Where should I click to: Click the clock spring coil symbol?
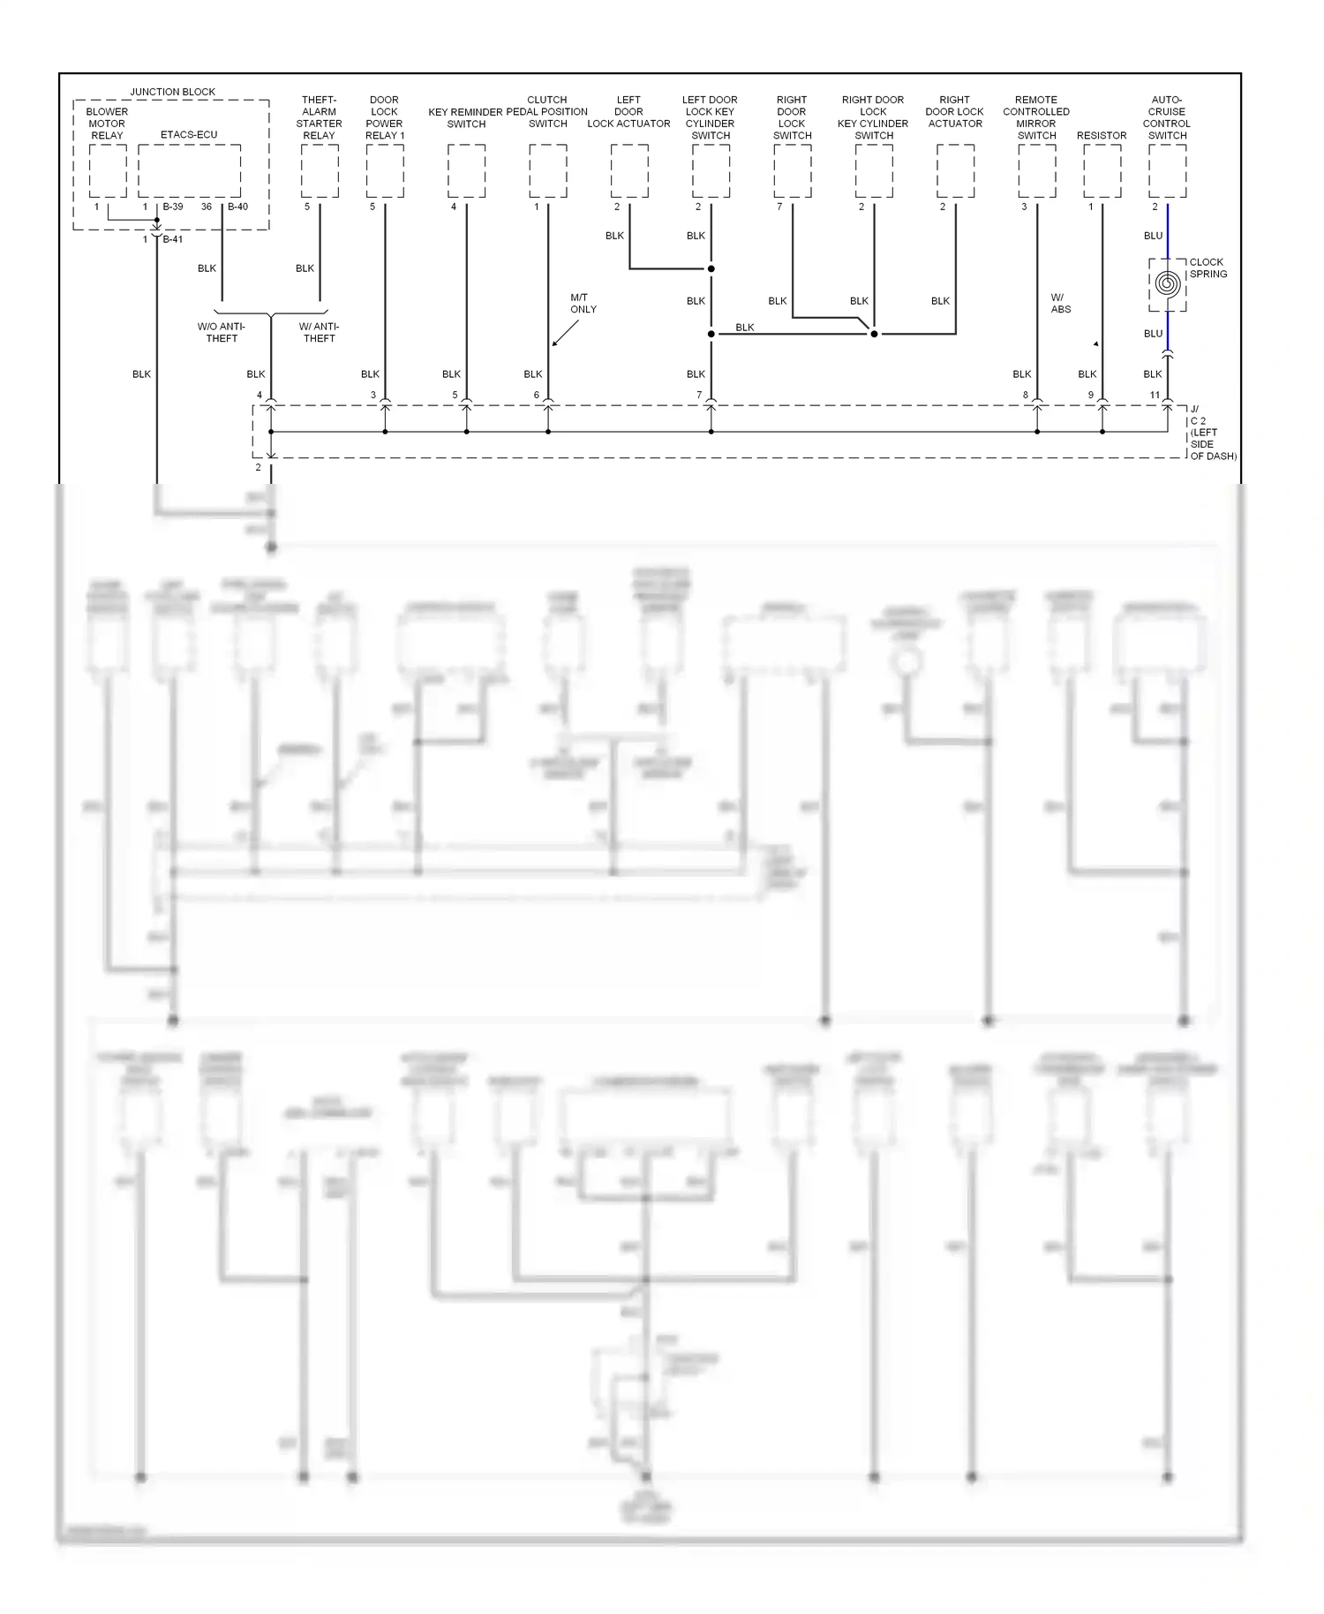coord(1167,284)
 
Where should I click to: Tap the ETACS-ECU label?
coord(189,135)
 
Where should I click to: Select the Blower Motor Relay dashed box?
coord(108,171)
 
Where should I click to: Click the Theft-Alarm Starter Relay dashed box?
coord(320,171)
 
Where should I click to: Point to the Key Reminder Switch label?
coord(466,118)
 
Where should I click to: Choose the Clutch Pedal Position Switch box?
coord(548,171)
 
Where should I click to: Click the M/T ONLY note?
coord(583,304)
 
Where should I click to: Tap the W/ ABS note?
coord(1061,304)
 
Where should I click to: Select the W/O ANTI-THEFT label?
coord(222,333)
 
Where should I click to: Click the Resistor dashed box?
coord(1102,171)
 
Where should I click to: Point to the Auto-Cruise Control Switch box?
coord(1168,171)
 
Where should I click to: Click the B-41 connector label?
coord(173,239)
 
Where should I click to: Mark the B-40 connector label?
coord(238,207)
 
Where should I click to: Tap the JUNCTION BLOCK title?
coord(173,92)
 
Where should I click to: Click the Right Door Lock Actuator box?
coord(956,171)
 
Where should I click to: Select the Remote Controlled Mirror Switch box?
coord(1037,171)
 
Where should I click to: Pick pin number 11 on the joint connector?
coord(1155,395)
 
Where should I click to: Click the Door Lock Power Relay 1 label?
coord(385,118)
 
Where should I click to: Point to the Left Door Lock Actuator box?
coord(629,171)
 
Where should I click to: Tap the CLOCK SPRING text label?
coord(1207,268)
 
